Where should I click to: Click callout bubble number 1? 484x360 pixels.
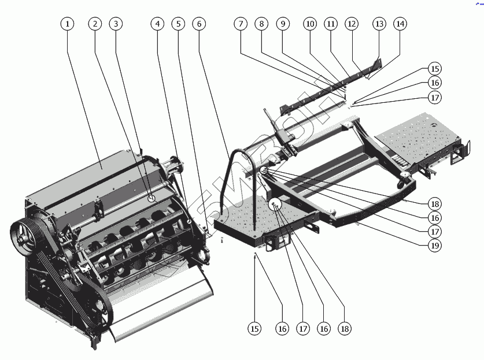coord(68,24)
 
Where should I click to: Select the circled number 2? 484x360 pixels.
coord(95,24)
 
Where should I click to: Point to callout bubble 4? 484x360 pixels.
coord(157,24)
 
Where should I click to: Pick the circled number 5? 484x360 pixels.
coord(178,24)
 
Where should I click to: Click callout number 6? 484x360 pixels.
coord(199,24)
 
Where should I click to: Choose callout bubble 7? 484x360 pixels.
coord(241,24)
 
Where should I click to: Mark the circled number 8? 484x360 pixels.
coord(261,24)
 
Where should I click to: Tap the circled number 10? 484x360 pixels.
coord(310,24)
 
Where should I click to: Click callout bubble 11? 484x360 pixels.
coord(330,24)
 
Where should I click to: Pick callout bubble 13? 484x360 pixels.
coord(379,24)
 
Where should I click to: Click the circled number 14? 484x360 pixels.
coord(400,24)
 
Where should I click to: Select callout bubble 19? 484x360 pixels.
coord(434,245)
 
